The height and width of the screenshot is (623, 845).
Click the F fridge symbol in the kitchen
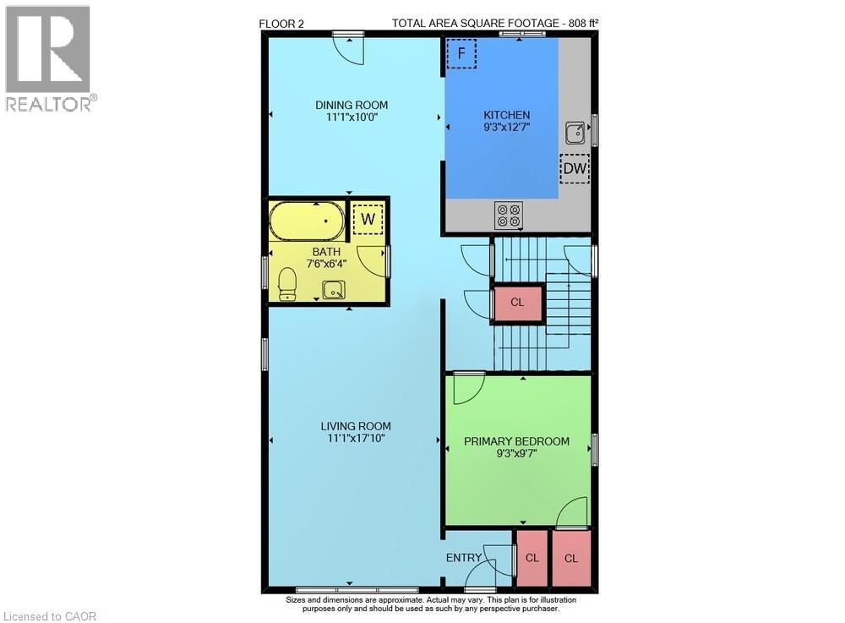pyautogui.click(x=461, y=54)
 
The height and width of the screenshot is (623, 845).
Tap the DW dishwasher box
pyautogui.click(x=575, y=169)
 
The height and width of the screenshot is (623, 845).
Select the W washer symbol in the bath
pyautogui.click(x=368, y=219)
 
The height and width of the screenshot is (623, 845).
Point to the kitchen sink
pyautogui.click(x=575, y=132)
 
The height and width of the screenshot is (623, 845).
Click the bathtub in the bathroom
pyautogui.click(x=307, y=221)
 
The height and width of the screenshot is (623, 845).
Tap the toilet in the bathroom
pyautogui.click(x=287, y=283)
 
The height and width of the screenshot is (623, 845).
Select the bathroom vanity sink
pyautogui.click(x=334, y=290)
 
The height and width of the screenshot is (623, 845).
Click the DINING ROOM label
pyautogui.click(x=352, y=105)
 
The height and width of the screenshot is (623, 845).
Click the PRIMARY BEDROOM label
pyautogui.click(x=517, y=441)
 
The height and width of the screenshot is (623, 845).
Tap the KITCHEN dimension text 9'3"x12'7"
pyautogui.click(x=506, y=128)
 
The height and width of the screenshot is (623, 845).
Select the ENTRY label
pyautogui.click(x=464, y=558)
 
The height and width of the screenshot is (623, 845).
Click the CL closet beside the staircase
pyautogui.click(x=517, y=302)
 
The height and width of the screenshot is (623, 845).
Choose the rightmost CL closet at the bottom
pyautogui.click(x=571, y=558)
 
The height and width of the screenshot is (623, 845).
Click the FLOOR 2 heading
pyautogui.click(x=281, y=24)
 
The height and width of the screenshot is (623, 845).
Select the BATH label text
pyautogui.click(x=326, y=252)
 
